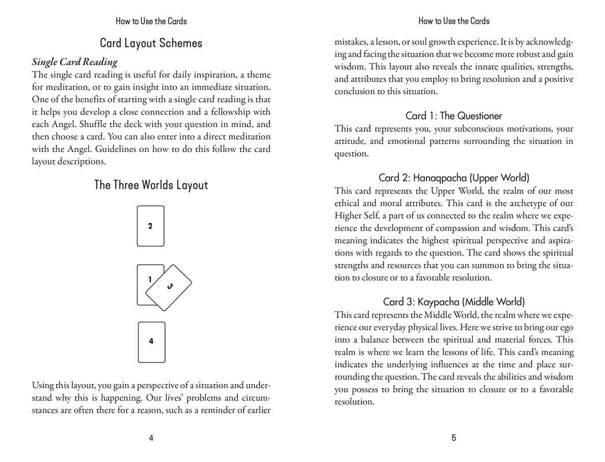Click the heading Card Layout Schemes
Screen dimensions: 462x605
151,43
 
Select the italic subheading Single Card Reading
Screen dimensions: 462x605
74,62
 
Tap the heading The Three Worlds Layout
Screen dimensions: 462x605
151,185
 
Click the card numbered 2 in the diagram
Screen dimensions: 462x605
151,226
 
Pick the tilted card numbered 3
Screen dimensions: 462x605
169,287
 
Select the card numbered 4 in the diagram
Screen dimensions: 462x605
151,342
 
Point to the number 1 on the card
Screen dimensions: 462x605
150,280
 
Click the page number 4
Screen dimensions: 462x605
151,438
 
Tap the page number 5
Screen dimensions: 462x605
454,438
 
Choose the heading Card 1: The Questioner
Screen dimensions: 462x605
454,116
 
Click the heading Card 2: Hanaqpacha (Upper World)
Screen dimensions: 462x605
454,178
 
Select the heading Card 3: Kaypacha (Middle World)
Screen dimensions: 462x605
454,302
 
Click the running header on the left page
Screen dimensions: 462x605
151,21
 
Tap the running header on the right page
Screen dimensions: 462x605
454,21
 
